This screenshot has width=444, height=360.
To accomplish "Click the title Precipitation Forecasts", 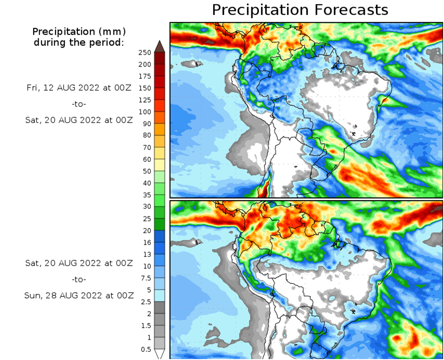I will [300, 10].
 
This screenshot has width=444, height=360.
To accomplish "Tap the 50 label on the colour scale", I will [146, 171].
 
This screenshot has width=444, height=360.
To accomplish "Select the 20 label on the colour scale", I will [146, 231].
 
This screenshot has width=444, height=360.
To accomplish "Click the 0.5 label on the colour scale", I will [146, 349].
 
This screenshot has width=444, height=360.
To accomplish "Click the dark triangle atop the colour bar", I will [159, 46].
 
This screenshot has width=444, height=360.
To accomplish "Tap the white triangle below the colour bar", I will [159, 354].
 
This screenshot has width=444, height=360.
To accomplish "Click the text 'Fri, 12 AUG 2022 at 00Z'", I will [79, 88].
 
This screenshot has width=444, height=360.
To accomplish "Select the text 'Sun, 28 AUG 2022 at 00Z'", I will [79, 295].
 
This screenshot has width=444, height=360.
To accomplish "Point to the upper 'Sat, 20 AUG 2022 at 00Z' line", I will [79, 120].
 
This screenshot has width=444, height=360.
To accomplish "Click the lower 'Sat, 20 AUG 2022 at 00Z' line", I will [79, 263].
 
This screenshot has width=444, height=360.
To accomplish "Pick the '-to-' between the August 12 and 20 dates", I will [79, 104].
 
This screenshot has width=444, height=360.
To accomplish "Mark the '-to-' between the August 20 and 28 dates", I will [79, 279].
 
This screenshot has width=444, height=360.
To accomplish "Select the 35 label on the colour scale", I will [146, 195].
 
